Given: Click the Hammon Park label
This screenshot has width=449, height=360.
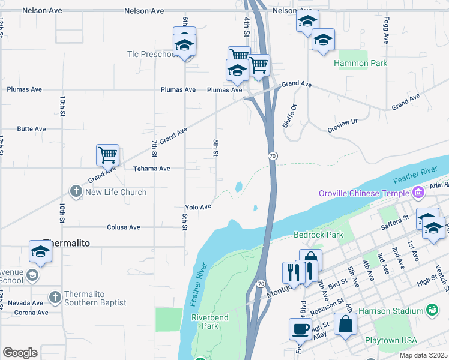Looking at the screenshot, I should [x=360, y=63].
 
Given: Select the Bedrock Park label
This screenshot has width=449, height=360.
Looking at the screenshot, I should [x=319, y=235].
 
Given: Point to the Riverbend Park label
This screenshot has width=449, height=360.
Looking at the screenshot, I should [x=205, y=322].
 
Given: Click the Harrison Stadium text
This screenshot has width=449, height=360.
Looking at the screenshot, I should [x=391, y=311].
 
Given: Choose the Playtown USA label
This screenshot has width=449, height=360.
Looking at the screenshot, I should [x=391, y=340].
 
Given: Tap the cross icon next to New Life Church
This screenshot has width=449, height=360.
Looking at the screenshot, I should [x=76, y=192].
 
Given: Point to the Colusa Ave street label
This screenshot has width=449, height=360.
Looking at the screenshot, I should [x=123, y=227].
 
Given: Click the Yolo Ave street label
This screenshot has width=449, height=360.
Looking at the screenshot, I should [x=198, y=207].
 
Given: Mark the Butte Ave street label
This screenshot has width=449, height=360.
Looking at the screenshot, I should [x=31, y=129].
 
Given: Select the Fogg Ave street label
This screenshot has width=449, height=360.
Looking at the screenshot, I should [x=385, y=30].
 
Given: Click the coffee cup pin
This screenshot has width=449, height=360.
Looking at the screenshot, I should [x=300, y=328].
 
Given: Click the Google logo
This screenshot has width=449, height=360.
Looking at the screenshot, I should [x=20, y=353].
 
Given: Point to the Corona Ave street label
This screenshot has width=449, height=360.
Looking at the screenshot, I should [x=31, y=313].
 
